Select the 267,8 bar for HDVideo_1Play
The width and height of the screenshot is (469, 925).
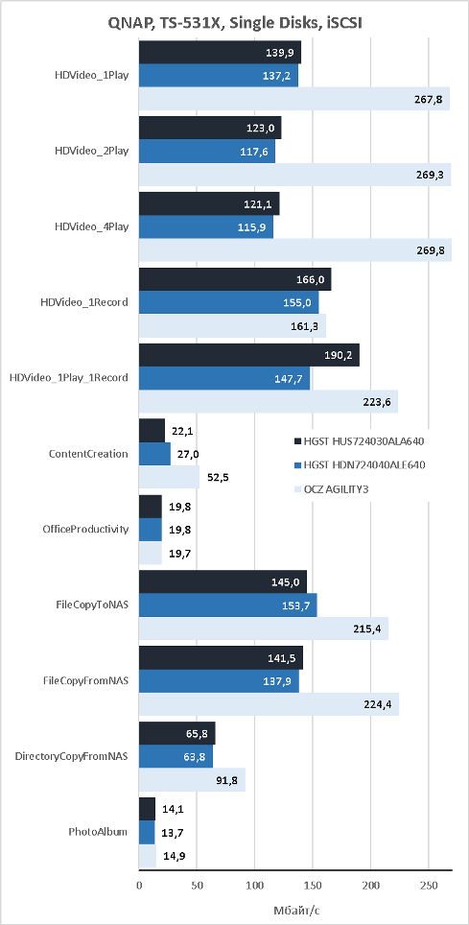(294, 99)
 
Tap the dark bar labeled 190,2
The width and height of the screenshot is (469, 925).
(249, 356)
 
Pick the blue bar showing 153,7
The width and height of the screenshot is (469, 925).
(227, 605)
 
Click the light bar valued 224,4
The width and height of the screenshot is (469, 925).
(269, 704)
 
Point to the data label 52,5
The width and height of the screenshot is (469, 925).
(218, 477)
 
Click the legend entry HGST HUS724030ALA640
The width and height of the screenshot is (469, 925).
(360, 441)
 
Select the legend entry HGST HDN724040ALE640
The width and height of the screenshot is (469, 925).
(360, 465)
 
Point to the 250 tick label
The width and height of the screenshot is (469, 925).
(429, 886)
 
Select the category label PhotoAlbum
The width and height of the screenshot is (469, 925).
(98, 832)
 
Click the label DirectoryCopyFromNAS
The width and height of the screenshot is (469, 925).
(71, 756)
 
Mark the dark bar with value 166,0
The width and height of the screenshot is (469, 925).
(235, 279)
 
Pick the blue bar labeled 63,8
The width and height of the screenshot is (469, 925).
(176, 756)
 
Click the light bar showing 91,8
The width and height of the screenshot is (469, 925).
(193, 780)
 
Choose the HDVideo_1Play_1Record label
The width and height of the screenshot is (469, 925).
(68, 377)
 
